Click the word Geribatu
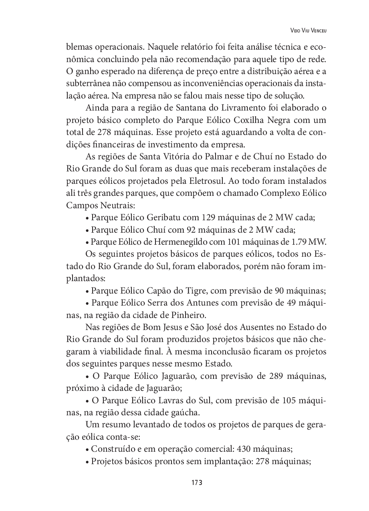pos(164,218)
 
